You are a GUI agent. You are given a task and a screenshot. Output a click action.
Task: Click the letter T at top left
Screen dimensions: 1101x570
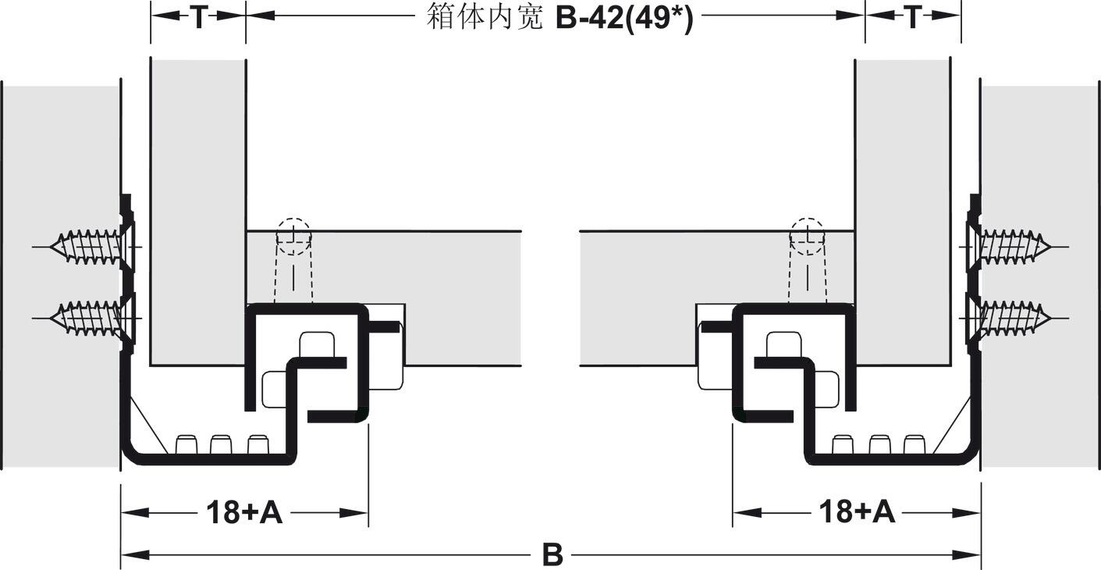coord(198,17)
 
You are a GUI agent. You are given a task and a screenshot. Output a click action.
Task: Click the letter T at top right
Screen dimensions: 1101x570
coord(913,17)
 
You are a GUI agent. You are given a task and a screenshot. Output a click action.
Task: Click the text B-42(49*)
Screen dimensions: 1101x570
coord(624,19)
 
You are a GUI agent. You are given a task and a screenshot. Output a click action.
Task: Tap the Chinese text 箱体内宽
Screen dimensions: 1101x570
coord(485,17)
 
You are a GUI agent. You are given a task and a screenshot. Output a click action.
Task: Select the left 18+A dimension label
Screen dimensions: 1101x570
coord(244,512)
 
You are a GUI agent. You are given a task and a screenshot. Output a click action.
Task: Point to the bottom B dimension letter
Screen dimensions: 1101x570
coord(552,554)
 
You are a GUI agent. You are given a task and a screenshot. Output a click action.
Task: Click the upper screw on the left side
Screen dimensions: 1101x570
coord(94,247)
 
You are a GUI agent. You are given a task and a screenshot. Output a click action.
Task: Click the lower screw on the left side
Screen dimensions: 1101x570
coord(94,319)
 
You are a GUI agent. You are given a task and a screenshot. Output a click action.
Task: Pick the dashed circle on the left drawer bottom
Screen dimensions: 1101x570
coord(294,236)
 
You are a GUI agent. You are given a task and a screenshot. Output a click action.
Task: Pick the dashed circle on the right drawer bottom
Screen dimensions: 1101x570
coord(807,236)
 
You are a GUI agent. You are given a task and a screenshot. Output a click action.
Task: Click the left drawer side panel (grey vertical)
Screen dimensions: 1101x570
coord(197,212)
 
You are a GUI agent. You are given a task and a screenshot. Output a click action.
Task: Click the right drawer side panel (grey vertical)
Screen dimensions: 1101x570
coord(903,212)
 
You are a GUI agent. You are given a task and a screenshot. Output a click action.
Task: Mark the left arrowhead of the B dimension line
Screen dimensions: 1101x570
coord(135,555)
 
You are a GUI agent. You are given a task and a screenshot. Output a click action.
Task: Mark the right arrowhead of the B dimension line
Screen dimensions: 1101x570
coord(966,555)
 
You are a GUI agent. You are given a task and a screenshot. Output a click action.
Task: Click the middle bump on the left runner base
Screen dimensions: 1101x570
coord(220,444)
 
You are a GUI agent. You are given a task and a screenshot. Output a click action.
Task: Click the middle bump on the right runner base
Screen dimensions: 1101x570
coord(880,444)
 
